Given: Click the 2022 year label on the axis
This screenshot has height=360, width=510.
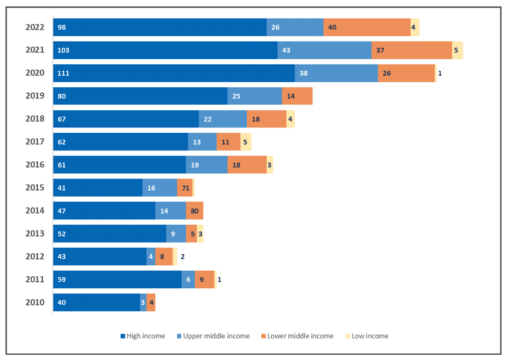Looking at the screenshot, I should point(35,27).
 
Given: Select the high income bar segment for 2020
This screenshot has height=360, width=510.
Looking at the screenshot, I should point(174,73).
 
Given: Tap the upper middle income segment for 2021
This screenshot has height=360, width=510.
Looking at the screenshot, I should point(324,50).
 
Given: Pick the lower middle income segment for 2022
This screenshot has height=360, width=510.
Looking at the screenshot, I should point(367,27).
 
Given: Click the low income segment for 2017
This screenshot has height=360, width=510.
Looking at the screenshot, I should point(246,142).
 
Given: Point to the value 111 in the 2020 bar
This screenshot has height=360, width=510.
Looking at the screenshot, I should point(63,73).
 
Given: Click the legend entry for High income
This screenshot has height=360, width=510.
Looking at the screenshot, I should point(142,336).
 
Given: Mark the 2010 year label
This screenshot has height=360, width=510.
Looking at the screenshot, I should point(35,302).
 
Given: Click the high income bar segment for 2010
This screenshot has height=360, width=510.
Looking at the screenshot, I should point(97,302).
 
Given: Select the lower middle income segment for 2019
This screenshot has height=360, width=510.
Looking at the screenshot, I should point(297,96).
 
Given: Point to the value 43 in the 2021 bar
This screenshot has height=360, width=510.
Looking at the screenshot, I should point(286,50).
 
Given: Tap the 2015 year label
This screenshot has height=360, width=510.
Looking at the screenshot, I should point(35,188).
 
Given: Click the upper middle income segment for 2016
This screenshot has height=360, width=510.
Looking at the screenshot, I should point(207,164).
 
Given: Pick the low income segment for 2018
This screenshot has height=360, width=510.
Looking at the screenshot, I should point(290,119).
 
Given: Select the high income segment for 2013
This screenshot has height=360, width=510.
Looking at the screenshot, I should point(110,234).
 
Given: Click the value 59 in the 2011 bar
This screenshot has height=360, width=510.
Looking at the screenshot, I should point(62,279).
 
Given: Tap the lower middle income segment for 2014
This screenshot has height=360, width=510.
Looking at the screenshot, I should point(195,211).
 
